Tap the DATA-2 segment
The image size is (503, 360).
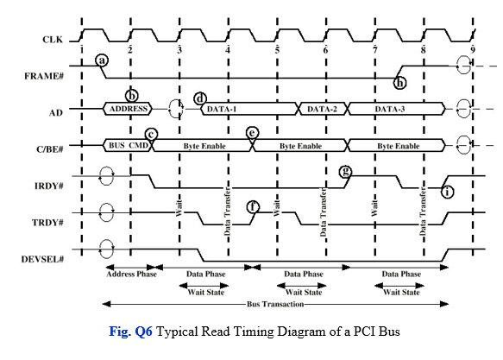pos(323,109)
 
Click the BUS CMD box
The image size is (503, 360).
pos(126,146)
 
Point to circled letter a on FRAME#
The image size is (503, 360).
pos(103,60)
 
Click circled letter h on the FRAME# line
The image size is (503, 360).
pos(399,83)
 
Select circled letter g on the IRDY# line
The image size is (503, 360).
pos(346,171)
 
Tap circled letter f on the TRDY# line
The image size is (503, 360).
pos(253,206)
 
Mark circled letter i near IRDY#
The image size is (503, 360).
pos(448,191)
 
